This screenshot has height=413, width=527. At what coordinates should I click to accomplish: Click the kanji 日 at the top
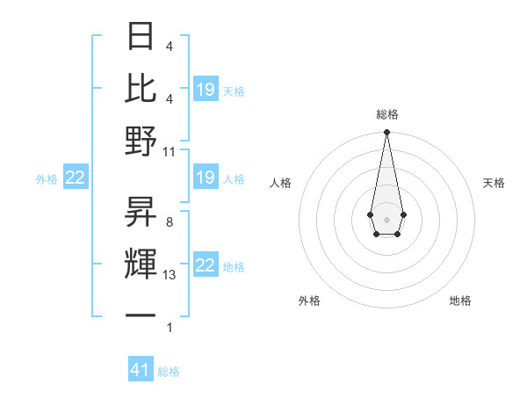[141, 37]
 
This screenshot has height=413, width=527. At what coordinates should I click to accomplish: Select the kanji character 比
[141, 88]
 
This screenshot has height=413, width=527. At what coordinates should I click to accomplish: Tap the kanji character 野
[141, 140]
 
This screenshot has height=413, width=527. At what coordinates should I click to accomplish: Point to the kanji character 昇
[141, 212]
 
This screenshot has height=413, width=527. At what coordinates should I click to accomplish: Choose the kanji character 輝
[141, 264]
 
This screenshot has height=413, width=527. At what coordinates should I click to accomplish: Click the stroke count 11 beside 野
[170, 151]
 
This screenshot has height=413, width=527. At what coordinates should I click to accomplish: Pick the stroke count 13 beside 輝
[170, 275]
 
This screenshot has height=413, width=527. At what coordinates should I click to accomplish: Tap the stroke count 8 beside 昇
[169, 223]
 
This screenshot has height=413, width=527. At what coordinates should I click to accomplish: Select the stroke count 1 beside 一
[170, 328]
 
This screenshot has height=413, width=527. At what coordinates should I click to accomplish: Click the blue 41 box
[141, 370]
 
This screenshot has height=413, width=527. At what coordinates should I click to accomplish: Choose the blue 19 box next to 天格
[205, 90]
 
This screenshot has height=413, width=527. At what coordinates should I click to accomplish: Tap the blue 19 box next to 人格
[205, 178]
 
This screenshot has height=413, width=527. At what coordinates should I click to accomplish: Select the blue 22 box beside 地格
[205, 266]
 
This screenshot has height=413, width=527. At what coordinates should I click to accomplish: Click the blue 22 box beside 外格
[76, 178]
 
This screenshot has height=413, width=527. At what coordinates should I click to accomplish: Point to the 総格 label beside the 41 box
[169, 372]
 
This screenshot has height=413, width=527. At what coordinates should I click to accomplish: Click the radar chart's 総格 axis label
[386, 114]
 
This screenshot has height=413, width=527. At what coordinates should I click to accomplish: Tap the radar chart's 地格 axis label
[460, 301]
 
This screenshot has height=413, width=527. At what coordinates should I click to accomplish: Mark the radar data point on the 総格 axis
[386, 133]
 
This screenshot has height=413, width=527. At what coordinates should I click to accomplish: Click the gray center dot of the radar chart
[386, 218]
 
